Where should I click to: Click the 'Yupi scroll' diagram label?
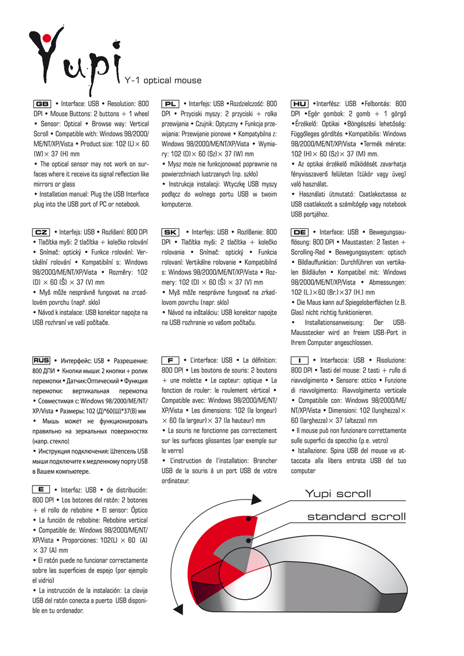click(338, 494)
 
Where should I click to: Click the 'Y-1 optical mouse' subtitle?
click(164, 81)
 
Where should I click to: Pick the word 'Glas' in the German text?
click(298, 312)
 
